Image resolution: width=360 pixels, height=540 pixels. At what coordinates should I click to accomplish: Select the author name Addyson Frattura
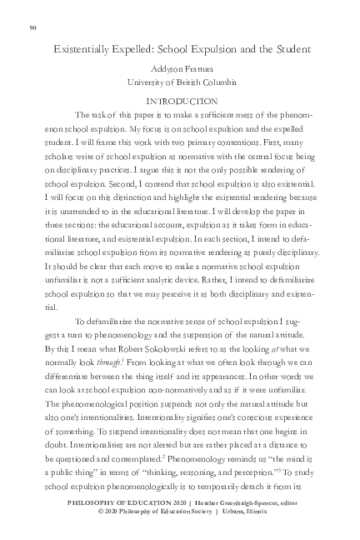coord(181,70)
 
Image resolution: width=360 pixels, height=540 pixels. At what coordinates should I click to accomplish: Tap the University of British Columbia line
coord(181,82)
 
